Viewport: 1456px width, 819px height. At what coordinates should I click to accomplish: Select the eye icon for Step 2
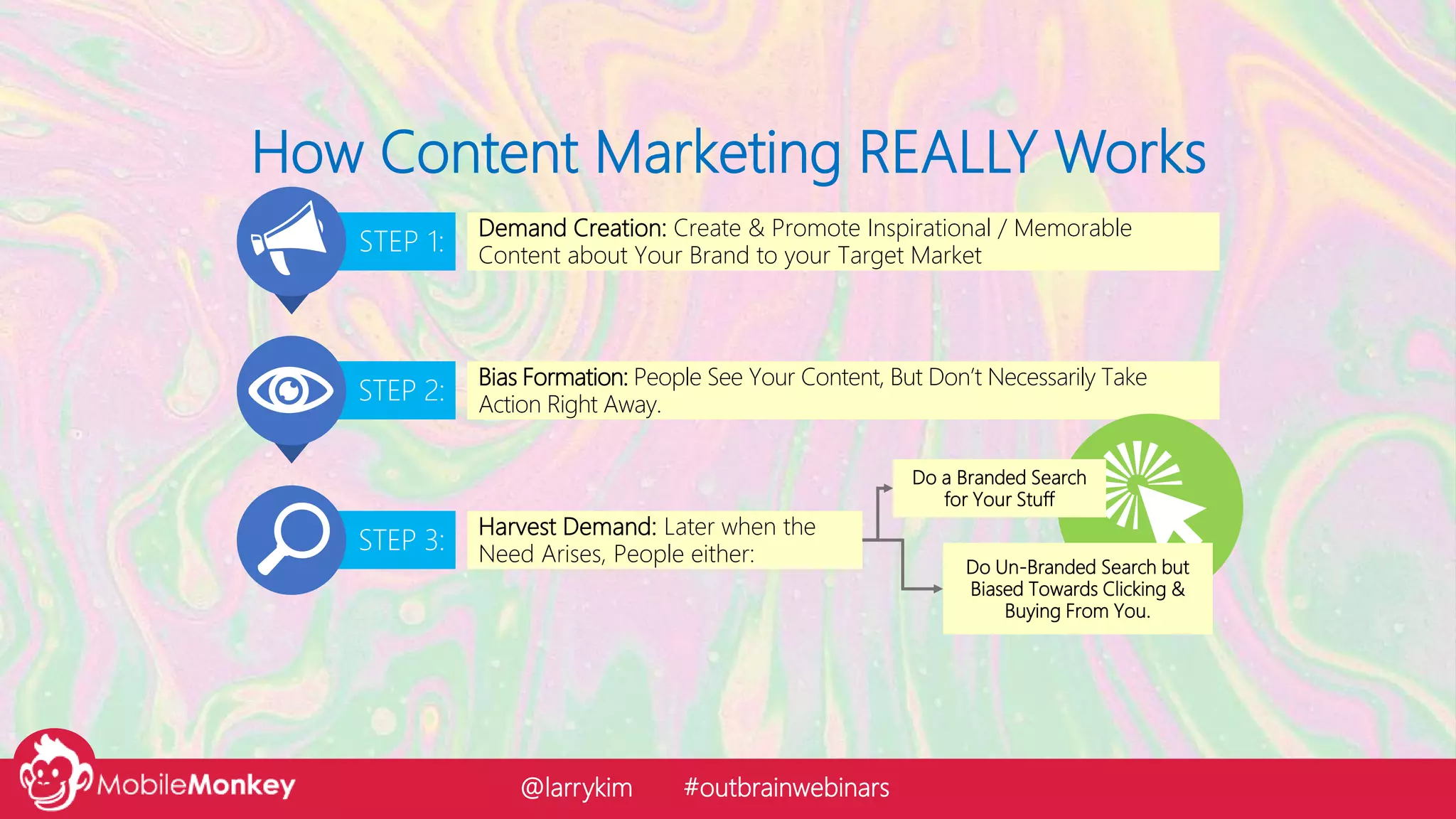point(290,390)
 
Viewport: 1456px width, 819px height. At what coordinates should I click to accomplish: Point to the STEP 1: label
point(400,242)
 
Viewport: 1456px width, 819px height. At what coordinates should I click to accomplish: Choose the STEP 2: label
point(400,391)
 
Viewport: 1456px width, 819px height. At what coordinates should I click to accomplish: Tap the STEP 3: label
point(400,540)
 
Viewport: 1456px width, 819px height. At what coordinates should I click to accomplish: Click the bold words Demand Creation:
point(572,228)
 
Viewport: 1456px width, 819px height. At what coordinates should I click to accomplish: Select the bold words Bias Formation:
point(553,378)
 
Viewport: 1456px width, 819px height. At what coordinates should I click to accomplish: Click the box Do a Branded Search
point(999,488)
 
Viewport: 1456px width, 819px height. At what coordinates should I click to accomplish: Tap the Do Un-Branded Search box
point(1076,589)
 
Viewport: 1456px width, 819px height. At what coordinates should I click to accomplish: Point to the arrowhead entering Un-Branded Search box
point(937,589)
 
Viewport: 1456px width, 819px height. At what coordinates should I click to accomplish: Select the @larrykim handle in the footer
point(576,788)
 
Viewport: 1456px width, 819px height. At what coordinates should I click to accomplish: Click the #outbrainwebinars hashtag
point(786,788)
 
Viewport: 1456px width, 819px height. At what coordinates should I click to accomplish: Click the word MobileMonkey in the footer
point(196,785)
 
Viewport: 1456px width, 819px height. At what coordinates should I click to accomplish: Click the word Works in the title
point(1130,153)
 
